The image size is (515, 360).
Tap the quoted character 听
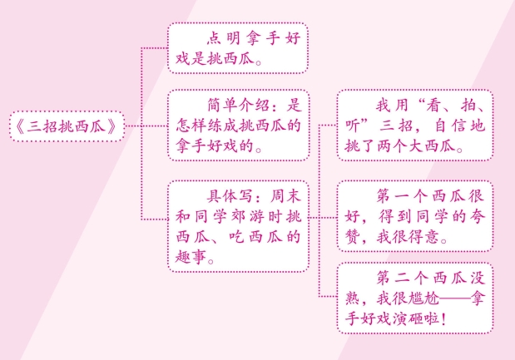click(352, 128)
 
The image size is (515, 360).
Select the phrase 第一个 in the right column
click(398, 198)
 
